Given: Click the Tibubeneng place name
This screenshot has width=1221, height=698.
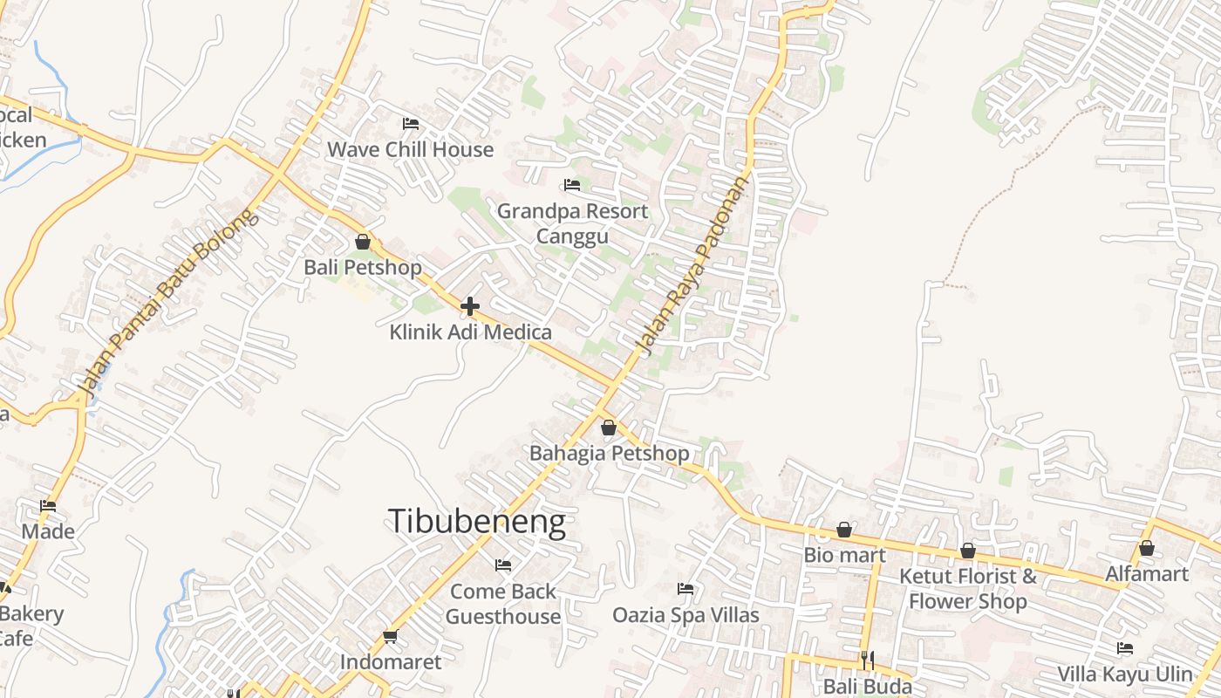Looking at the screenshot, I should click(477, 522).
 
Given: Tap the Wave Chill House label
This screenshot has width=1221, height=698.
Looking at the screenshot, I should click(410, 149).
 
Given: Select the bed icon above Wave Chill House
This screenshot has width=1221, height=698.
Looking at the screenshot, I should click(411, 124).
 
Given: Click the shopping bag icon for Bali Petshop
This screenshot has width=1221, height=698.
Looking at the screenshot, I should click(363, 242).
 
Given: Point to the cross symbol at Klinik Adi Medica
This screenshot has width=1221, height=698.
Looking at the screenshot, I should click(470, 306).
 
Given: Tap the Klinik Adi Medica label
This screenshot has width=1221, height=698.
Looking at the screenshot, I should click(470, 332).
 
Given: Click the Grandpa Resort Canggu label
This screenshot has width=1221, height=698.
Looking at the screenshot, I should click(572, 223).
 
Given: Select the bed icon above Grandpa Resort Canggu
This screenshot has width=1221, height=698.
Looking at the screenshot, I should click(572, 185).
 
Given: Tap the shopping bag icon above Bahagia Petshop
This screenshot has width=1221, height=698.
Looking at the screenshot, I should click(609, 428).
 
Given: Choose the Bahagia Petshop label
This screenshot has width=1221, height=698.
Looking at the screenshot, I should click(609, 453).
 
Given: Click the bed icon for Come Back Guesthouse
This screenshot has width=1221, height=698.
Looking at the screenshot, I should click(503, 565).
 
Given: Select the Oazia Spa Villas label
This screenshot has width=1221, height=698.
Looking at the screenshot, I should click(686, 614).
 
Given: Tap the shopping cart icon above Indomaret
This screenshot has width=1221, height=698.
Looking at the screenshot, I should click(390, 637).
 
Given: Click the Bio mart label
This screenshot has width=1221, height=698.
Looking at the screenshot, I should click(844, 555).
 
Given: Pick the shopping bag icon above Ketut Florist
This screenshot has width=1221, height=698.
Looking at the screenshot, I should click(968, 551).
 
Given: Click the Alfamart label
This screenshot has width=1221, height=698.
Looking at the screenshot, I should click(1147, 573).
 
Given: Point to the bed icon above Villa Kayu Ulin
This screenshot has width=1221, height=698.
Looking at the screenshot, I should click(1125, 648).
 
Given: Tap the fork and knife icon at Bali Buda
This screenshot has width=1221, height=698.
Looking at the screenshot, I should click(868, 660).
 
